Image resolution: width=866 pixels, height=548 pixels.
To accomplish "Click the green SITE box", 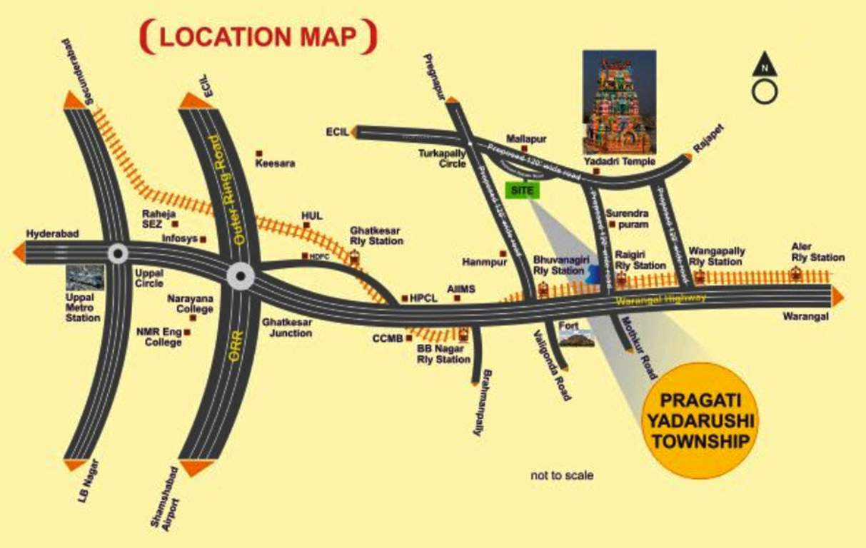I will [x=523, y=191].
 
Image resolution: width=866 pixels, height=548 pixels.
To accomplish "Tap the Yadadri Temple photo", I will [x=619, y=101].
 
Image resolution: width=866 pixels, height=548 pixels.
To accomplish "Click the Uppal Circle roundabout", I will [x=118, y=253].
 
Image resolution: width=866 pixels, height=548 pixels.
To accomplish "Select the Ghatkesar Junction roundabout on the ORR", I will [x=239, y=276].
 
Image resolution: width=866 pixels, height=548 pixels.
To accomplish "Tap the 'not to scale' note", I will [x=562, y=475].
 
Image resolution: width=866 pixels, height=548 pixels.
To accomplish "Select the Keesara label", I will [x=275, y=163].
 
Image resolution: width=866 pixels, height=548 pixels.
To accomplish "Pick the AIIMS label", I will [x=460, y=288].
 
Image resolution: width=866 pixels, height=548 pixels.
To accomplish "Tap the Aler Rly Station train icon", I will [x=795, y=273].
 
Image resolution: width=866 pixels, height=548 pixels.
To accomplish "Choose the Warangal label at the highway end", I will [x=805, y=315].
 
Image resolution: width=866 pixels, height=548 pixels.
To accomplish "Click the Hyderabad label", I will [x=52, y=233].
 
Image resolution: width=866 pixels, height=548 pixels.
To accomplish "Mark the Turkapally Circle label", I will [x=443, y=158].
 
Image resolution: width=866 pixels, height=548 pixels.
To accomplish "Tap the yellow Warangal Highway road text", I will [x=661, y=300].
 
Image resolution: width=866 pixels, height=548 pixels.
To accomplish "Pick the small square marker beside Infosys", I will [x=203, y=239].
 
